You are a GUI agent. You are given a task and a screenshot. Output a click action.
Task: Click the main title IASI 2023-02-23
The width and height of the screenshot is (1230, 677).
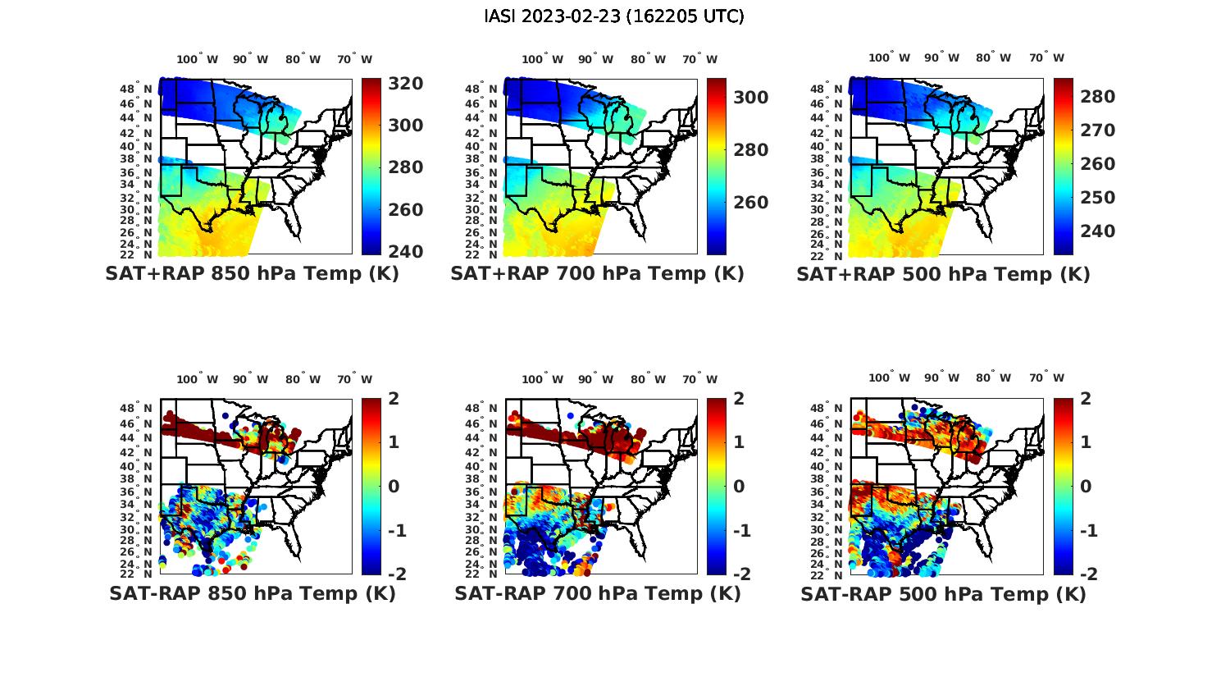(614, 16)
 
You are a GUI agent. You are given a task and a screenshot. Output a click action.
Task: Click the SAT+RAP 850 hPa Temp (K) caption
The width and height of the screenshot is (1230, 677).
(252, 274)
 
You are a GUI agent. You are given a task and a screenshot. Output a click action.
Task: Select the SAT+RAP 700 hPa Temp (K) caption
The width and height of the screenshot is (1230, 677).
(597, 274)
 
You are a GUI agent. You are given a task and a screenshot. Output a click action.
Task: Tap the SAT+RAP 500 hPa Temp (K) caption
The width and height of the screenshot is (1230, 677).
(943, 274)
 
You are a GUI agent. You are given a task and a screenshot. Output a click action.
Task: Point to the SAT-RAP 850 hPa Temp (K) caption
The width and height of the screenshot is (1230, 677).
(252, 593)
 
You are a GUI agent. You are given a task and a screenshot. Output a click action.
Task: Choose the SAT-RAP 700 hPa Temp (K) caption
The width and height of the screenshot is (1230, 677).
(597, 593)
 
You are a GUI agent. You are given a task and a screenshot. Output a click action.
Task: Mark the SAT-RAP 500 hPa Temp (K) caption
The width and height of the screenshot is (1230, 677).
(943, 593)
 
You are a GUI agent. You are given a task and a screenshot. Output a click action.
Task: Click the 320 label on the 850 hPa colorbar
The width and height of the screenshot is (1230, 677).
(405, 84)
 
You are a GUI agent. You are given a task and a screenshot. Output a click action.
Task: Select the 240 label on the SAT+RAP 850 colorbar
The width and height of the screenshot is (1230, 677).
(405, 251)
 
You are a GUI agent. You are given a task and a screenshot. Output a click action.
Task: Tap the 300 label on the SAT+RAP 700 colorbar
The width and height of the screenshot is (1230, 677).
(750, 98)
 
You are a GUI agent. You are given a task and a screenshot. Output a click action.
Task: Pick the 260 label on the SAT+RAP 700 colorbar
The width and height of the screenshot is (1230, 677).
(750, 203)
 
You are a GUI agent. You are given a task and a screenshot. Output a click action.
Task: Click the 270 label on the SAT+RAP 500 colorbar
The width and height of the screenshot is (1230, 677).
(1097, 130)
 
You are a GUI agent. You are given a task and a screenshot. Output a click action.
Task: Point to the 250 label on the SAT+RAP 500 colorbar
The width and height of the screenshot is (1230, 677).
(1097, 198)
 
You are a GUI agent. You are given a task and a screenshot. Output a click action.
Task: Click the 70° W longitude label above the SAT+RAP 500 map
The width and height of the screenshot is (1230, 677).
(1046, 57)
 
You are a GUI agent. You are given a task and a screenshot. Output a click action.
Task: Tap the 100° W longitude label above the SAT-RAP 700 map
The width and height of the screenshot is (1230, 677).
(542, 379)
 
